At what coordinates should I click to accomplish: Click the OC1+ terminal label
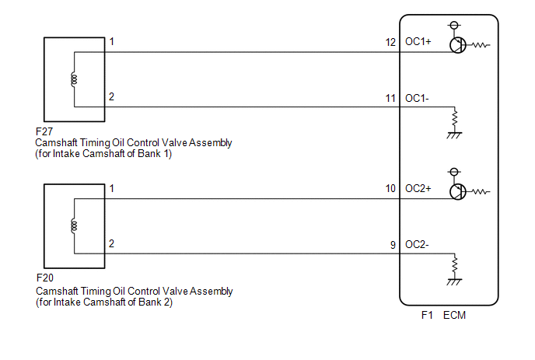[418, 42]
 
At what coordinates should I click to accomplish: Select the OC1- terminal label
[417, 98]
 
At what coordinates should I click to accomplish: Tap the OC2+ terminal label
[418, 188]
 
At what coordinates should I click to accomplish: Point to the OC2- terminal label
[417, 244]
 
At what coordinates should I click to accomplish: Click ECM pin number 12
[390, 42]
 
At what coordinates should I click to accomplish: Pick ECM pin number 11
[390, 99]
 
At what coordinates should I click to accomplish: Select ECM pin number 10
[390, 189]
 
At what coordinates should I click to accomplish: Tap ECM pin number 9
[393, 245]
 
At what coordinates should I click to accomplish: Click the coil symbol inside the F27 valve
[74, 79]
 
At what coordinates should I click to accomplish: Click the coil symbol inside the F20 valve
[74, 226]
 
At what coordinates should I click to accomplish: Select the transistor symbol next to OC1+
[457, 45]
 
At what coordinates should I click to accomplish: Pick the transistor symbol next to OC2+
[457, 192]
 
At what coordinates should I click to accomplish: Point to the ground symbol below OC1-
[454, 135]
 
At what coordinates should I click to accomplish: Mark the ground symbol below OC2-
[454, 282]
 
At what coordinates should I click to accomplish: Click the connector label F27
[44, 131]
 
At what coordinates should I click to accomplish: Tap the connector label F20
[44, 278]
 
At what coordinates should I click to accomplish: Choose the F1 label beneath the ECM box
[427, 315]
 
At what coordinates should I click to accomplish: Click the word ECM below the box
[454, 315]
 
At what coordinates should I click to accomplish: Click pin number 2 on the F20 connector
[111, 243]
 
